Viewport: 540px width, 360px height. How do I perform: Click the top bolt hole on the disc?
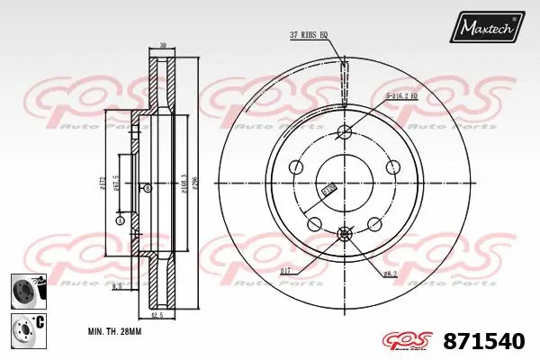345,133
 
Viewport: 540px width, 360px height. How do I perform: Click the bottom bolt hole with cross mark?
345,234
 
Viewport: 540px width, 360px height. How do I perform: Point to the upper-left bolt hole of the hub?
297,167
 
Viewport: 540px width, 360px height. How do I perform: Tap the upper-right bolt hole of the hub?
392,167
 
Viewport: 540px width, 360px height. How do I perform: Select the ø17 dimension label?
287,270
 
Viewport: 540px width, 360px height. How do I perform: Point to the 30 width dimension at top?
162,45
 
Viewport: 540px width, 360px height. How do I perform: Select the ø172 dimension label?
103,184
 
